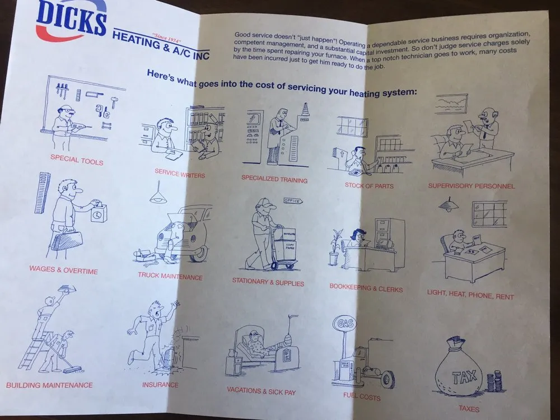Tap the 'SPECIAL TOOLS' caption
pyautogui.click(x=77, y=159)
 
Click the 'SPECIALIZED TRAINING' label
pyautogui.click(x=274, y=179)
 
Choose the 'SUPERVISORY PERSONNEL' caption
pyautogui.click(x=471, y=185)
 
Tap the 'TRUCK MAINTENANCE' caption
pyautogui.click(x=170, y=276)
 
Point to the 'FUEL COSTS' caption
pyautogui.click(x=362, y=398)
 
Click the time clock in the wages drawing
pyautogui.click(x=97, y=212)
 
